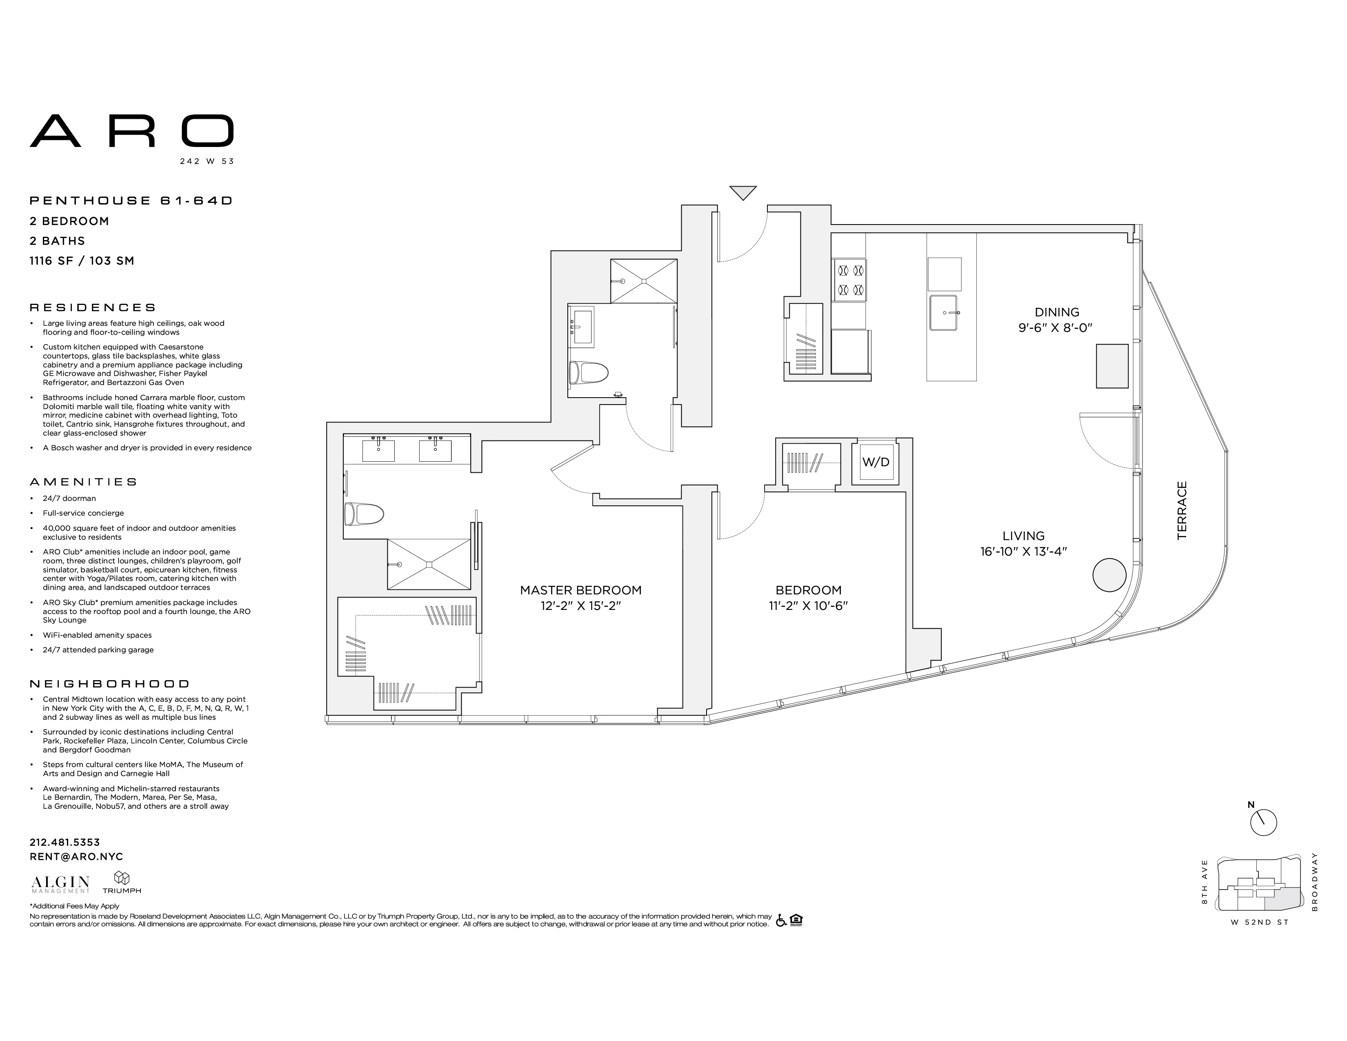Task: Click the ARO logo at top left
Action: pos(131,131)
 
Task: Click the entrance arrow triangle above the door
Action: pos(742,192)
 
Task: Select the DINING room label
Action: pos(1057,312)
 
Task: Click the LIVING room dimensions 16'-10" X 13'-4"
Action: pos(1023,552)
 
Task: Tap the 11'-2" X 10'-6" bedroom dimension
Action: pos(808,605)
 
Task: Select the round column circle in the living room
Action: pos(1109,575)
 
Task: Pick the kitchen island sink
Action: pos(944,313)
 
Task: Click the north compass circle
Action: pos(1263,823)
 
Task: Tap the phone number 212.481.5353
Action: pos(65,842)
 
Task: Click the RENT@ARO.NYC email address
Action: pos(76,856)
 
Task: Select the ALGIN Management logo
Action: pos(60,884)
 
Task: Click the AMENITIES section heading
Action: pos(83,482)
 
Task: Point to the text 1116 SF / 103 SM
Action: pos(82,261)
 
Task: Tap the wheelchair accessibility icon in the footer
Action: pos(781,921)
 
